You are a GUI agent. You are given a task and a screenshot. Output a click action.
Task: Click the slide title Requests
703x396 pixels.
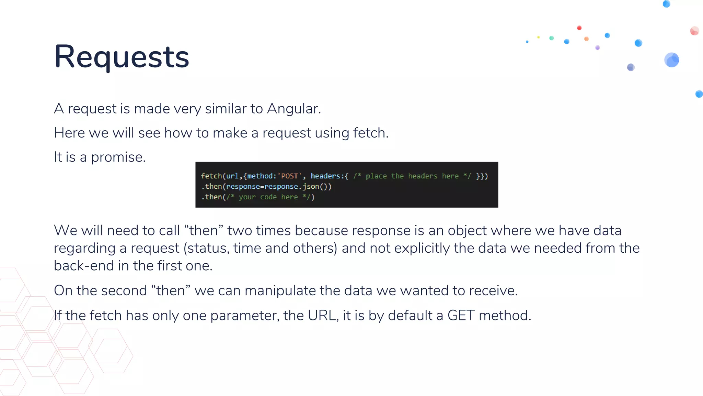(122, 57)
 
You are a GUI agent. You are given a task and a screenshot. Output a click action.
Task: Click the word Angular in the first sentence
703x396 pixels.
(293, 109)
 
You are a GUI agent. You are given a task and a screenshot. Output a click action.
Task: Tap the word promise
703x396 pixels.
(118, 157)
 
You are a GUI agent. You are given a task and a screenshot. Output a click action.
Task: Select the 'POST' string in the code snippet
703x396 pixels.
(289, 176)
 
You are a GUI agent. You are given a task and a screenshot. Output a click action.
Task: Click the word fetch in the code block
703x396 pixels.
(211, 176)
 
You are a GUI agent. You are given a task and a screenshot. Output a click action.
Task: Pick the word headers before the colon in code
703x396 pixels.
(325, 176)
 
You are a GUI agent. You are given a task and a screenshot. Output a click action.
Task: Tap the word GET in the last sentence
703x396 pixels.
(461, 315)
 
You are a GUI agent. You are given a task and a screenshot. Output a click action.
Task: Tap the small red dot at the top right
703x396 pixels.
(579, 28)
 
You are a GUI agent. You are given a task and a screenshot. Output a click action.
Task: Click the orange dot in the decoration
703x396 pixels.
(586, 39)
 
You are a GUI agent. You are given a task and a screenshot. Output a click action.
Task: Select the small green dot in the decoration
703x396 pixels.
(552, 38)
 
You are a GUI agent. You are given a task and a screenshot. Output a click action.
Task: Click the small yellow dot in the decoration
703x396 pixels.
(539, 37)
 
